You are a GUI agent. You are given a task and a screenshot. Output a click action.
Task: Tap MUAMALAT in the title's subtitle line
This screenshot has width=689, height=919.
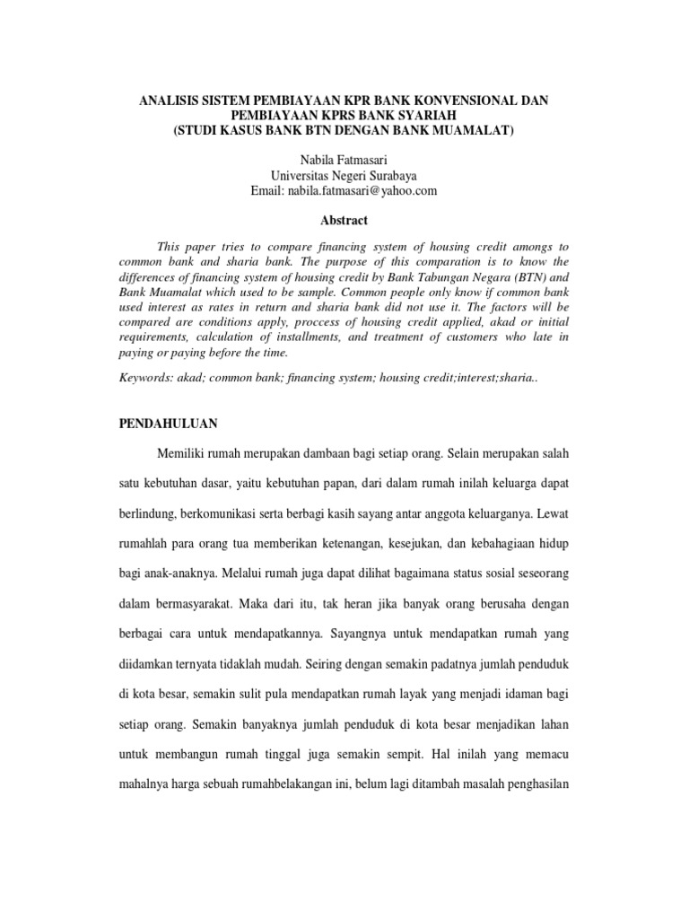(475, 130)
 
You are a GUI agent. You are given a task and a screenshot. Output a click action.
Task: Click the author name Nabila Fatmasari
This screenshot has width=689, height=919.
(344, 159)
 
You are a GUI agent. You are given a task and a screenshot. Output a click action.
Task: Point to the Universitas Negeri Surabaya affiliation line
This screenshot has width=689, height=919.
(344, 175)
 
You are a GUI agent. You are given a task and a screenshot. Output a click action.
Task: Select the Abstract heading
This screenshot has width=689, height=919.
(344, 220)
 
